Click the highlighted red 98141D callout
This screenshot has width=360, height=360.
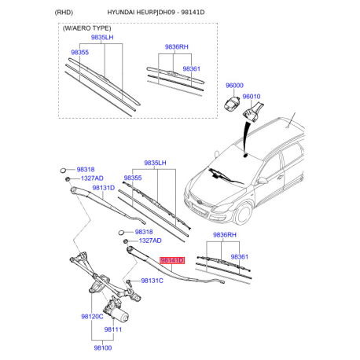pos(172,260)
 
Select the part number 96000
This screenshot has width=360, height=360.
pos(234,86)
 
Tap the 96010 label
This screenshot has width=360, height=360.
pos(252,97)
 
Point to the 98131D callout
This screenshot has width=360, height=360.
pos(104,188)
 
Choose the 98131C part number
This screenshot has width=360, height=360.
pos(152,281)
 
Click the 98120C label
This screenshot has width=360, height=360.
pos(92,317)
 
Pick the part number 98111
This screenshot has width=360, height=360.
pos(113,329)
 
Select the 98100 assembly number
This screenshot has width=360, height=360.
pos(103,348)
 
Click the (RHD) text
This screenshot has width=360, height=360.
pos(64,13)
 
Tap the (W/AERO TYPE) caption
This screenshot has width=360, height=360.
pos(86,28)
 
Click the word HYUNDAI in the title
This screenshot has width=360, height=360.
pos(121,13)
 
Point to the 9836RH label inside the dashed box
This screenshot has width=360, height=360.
pos(177,47)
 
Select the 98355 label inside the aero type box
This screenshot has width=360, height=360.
pos(80,53)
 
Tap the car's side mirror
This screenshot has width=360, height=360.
pos(262,180)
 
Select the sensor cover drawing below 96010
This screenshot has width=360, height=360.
pos(253,112)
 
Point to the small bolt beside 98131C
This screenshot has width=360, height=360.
pos(129,282)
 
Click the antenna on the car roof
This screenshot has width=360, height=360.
pos(292,121)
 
